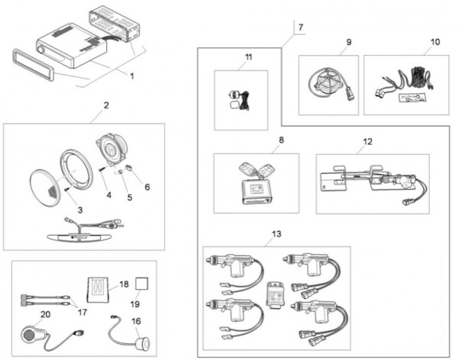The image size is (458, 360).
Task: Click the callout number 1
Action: click(x=132, y=76)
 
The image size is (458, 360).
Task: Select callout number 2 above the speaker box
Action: click(x=106, y=104)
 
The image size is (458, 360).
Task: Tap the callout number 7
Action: click(x=299, y=27)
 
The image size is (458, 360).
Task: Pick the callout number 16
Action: click(x=137, y=322)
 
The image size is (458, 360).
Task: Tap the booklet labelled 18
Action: click(x=97, y=287)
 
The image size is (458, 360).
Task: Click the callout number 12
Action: click(x=368, y=141)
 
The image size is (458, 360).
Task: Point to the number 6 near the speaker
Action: click(x=147, y=186)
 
